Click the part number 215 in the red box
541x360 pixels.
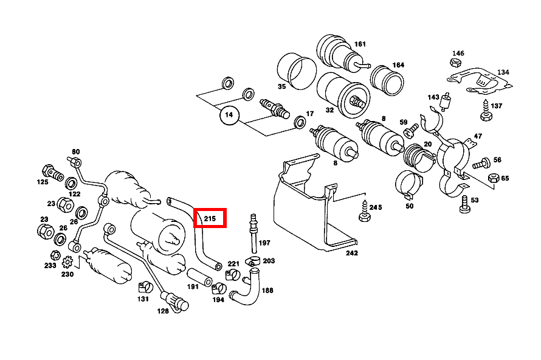coord(210,218)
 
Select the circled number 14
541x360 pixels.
coord(229,115)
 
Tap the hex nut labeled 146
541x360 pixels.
coord(456,63)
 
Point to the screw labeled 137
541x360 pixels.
coord(486,111)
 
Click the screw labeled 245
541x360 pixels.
coord(365,211)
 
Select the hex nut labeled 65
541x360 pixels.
coord(494,178)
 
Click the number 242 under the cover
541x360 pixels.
coord(352,253)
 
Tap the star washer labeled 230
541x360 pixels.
coord(67,262)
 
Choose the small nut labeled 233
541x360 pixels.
coord(55,256)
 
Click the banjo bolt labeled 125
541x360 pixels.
coord(52,173)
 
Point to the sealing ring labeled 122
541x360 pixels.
coord(71,183)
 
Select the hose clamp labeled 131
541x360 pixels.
coord(145,287)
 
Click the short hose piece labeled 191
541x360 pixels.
coord(200,277)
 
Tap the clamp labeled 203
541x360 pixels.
coord(252,261)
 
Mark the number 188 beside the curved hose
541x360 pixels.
coord(267,290)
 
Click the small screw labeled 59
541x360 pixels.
coord(411,131)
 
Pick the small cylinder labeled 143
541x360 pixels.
coord(446,102)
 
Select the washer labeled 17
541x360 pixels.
coord(300,122)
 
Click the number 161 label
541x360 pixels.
coord(360,44)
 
